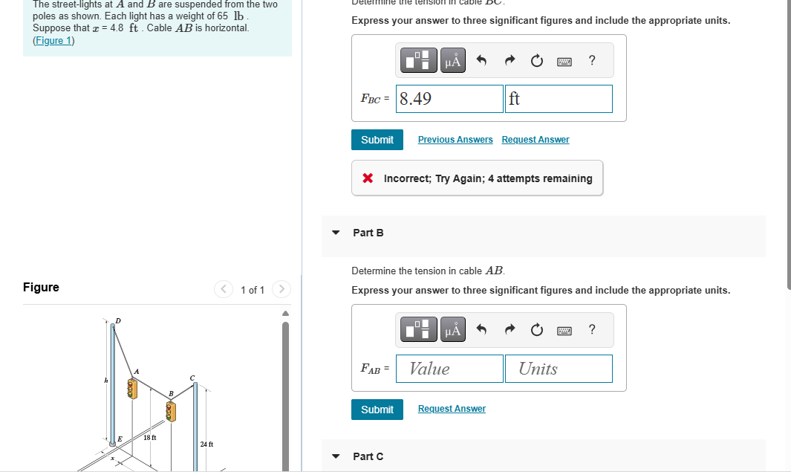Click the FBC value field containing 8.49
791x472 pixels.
click(x=450, y=99)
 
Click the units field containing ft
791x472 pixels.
click(x=559, y=99)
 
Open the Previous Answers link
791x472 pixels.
click(x=455, y=140)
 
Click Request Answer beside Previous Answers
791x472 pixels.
click(x=536, y=140)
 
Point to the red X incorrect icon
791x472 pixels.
click(x=367, y=178)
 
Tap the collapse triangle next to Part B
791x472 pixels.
click(x=336, y=233)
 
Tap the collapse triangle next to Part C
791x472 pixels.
click(x=336, y=456)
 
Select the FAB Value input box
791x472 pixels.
click(x=450, y=369)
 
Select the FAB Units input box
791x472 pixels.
click(x=559, y=369)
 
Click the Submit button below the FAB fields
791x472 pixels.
click(x=377, y=410)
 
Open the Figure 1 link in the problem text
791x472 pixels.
click(x=53, y=40)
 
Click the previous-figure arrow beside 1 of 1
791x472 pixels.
click(x=224, y=289)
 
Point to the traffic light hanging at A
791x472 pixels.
click(x=132, y=388)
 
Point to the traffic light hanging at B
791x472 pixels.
click(x=172, y=410)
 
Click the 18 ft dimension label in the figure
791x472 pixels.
click(x=149, y=438)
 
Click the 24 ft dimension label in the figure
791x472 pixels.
click(x=206, y=444)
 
